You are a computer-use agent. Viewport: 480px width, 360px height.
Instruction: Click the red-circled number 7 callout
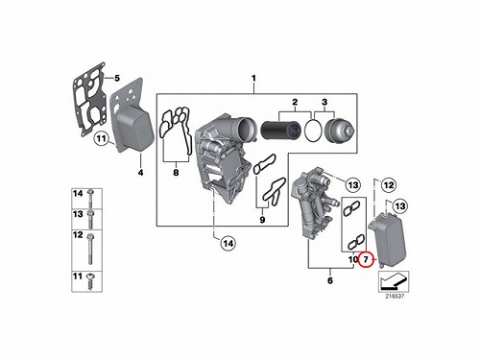(366, 259)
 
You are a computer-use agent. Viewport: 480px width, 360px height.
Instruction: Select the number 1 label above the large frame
(253, 78)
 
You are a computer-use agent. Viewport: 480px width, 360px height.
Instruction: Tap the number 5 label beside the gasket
(117, 78)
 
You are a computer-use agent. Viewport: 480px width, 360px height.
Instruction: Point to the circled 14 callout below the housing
(228, 244)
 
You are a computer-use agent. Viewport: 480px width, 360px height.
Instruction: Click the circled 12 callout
(389, 185)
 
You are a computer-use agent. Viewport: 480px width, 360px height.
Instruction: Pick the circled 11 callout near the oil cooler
(101, 138)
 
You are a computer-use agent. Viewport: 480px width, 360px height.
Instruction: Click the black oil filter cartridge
(281, 131)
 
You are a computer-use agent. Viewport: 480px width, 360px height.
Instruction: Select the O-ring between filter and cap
(313, 130)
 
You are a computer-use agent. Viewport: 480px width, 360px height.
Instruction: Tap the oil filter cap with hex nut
(339, 130)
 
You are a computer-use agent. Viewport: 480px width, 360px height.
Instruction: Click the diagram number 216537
(395, 297)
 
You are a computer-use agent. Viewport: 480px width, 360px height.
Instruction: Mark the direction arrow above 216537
(394, 280)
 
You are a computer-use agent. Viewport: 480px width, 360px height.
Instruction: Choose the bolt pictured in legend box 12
(90, 250)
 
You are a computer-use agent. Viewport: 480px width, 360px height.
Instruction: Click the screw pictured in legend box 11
(90, 280)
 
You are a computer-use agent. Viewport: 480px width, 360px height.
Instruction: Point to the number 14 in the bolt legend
(78, 194)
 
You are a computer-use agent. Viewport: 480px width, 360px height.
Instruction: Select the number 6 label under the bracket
(330, 280)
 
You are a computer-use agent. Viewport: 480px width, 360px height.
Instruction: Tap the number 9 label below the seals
(262, 220)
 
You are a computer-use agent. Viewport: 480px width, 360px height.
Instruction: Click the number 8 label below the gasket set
(176, 173)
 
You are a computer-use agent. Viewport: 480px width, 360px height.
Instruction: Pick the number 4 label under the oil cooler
(140, 173)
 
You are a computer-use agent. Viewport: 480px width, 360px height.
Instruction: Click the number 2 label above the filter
(295, 102)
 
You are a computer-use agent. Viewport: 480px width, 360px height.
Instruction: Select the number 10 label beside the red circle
(353, 259)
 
